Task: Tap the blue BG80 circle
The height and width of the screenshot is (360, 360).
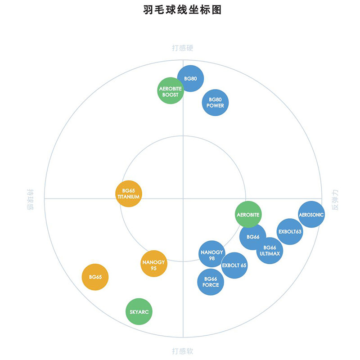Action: (x=190, y=78)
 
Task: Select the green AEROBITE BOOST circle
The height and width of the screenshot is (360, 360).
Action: (x=171, y=91)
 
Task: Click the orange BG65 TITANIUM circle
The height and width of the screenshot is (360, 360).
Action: (x=129, y=193)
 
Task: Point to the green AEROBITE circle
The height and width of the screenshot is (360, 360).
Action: (x=248, y=215)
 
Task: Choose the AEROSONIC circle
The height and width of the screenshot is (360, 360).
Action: (x=311, y=215)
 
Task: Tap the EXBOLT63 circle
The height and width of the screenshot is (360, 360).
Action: (x=290, y=231)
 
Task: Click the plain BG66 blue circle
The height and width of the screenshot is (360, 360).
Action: (x=252, y=237)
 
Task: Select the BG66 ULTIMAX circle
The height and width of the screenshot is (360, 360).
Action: (x=270, y=251)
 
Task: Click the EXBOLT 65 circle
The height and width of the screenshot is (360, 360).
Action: (x=234, y=265)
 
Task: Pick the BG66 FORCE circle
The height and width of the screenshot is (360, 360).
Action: (x=211, y=282)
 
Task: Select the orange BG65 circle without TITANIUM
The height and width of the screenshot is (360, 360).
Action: (x=95, y=277)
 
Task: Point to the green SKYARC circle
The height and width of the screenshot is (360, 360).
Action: (x=139, y=311)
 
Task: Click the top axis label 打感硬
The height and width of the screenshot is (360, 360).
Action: (x=183, y=48)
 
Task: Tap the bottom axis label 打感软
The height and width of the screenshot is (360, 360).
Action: (x=183, y=351)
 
